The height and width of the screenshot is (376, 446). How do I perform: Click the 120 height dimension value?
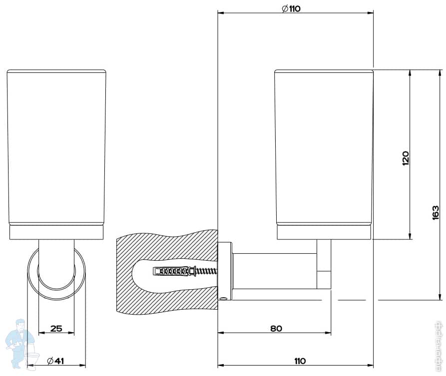pos(406,158)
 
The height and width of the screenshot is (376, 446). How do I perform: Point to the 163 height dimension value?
pos(436,212)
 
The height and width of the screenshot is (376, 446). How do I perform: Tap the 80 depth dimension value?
pos(276,328)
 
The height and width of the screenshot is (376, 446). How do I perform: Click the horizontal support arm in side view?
pos(275,270)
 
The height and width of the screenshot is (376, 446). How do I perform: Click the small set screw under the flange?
pos(224,298)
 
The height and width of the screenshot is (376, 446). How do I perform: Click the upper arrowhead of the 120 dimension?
pos(410,73)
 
